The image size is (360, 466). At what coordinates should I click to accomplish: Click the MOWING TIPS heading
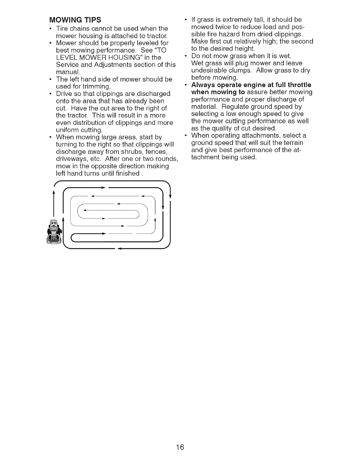(75, 20)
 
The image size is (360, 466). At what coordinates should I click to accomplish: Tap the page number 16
(180, 447)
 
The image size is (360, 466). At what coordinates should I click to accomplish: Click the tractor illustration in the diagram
(54, 232)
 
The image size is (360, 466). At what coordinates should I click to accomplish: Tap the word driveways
(71, 159)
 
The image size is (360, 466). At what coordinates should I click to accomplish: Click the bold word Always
(205, 85)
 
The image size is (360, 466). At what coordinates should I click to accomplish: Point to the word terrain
(293, 143)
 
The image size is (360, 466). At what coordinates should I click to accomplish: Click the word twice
(222, 27)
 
